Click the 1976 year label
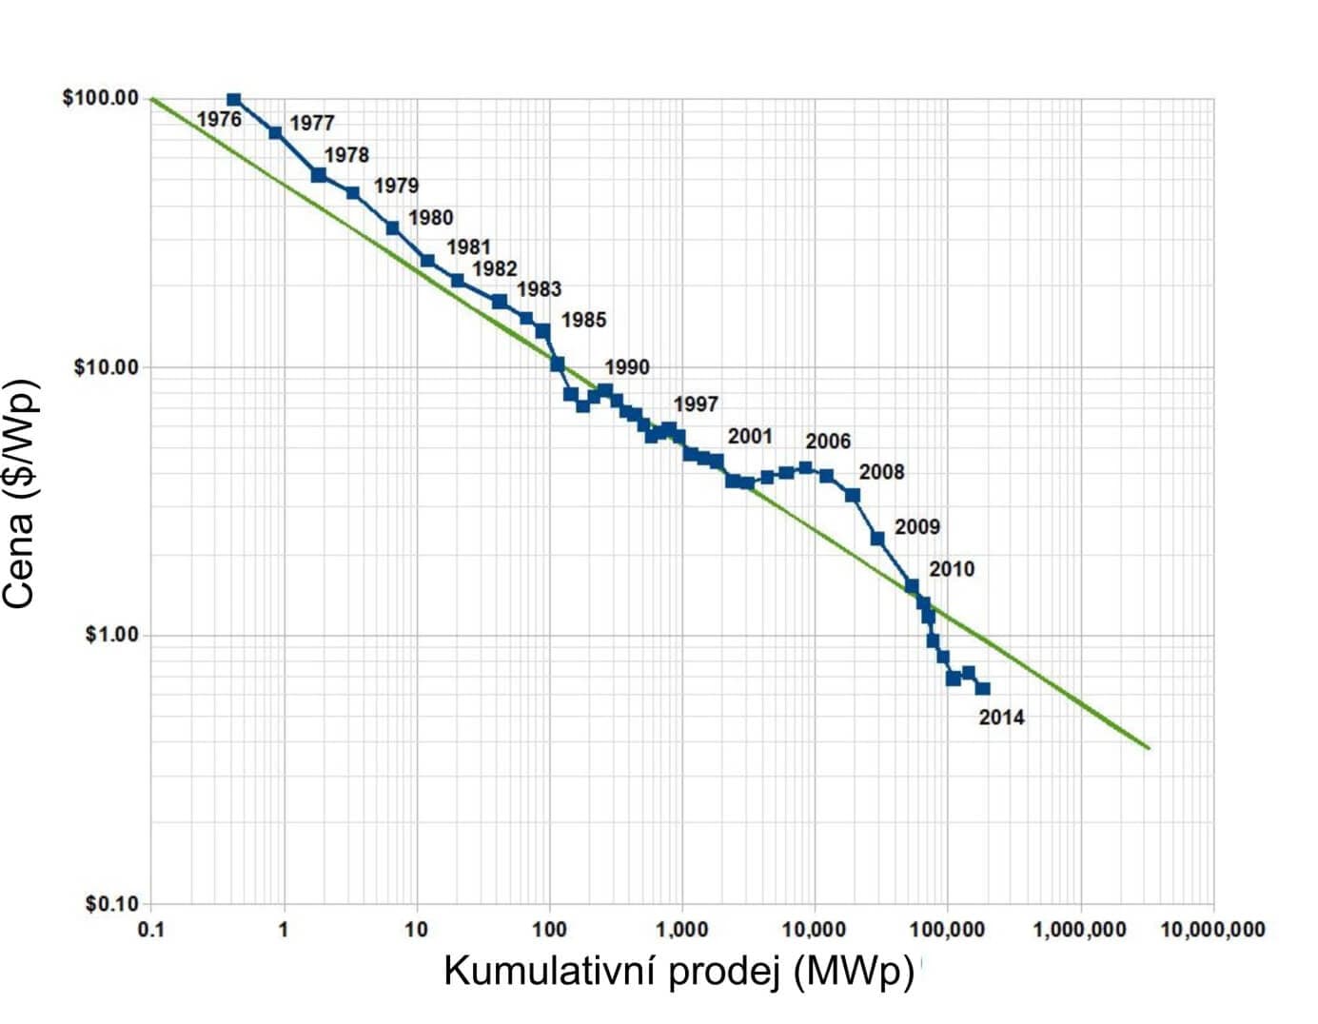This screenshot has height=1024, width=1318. point(219,120)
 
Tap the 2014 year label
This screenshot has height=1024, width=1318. point(1001,718)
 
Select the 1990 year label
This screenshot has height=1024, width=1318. point(626,367)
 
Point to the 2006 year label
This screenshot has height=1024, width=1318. point(828,442)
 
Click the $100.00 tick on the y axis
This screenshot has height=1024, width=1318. point(100,99)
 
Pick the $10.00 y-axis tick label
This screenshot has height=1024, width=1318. point(105,367)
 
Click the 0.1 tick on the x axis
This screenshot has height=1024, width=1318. point(150,930)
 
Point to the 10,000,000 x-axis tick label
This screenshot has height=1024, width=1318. point(1212,930)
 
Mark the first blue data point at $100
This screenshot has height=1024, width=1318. point(233,99)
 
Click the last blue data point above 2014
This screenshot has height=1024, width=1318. point(983,688)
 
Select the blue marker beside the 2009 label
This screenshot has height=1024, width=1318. point(877,539)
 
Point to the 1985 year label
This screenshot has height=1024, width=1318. point(583,320)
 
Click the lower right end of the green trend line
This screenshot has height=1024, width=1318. point(1150,748)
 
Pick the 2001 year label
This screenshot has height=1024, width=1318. point(750,437)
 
